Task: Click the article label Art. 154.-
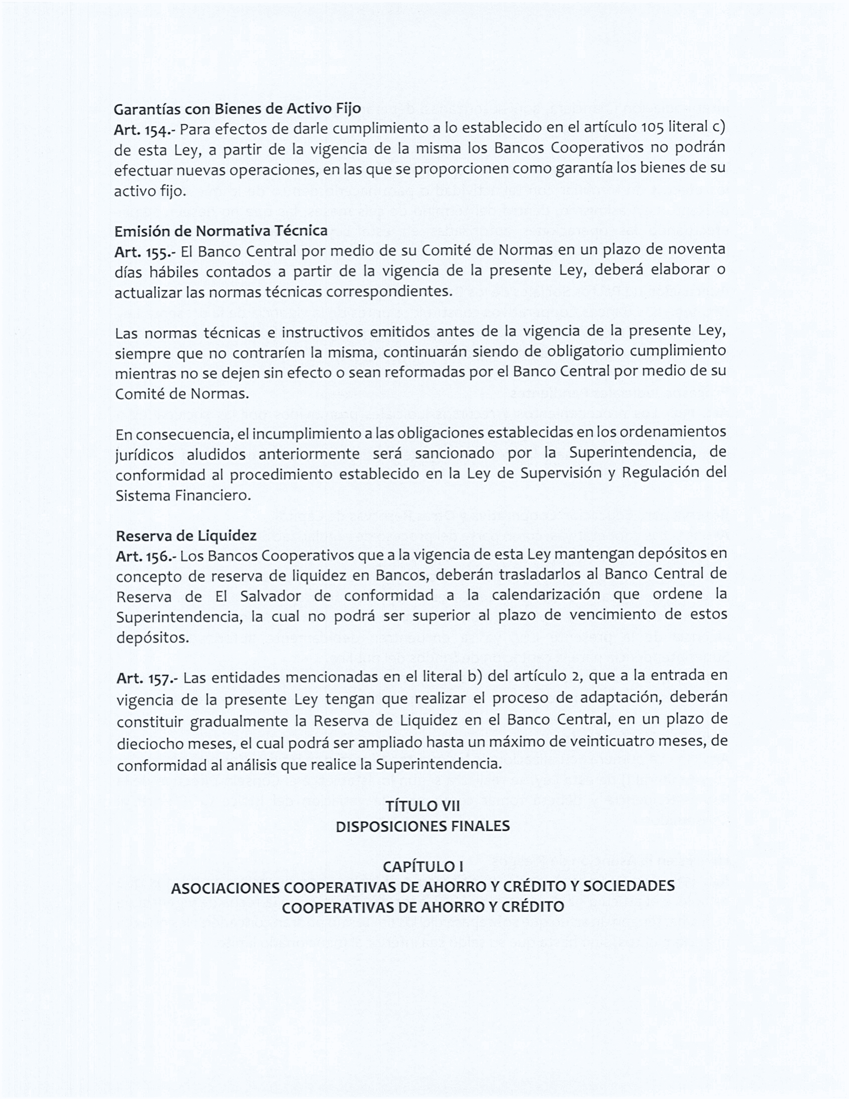click(x=143, y=130)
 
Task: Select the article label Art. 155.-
click(x=144, y=252)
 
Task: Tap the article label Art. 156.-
click(x=144, y=556)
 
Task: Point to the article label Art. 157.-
click(x=146, y=678)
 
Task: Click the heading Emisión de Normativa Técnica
click(x=221, y=231)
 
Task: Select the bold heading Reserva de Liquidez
click(x=186, y=536)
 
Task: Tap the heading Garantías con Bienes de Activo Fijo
click(x=237, y=109)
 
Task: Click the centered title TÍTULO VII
click(x=423, y=807)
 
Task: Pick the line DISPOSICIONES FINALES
click(x=423, y=827)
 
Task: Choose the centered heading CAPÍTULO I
click(x=423, y=867)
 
